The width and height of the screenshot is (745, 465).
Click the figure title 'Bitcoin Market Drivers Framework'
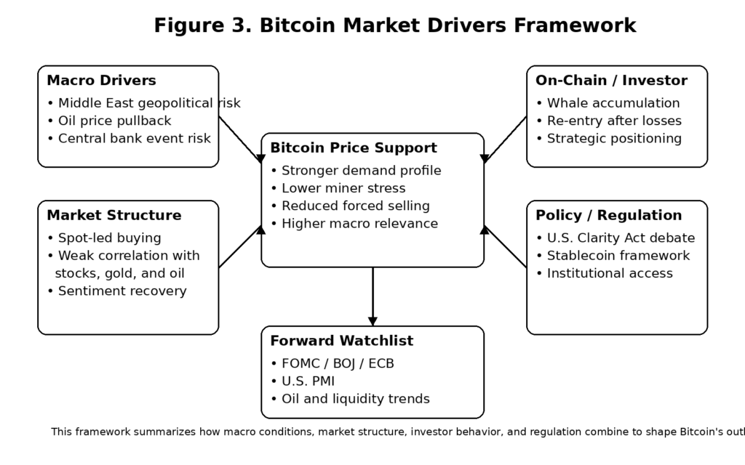395,25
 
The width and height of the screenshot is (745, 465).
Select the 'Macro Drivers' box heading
101,81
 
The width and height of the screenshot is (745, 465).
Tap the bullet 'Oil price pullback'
113,121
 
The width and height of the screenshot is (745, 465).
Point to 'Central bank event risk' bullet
133,138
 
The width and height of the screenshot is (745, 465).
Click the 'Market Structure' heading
113,216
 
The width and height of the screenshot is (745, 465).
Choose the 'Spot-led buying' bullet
108,238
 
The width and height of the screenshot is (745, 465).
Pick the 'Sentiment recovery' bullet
121,291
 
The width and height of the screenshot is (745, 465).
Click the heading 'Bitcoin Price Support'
354,148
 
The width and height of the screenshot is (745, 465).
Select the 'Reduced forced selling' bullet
354,206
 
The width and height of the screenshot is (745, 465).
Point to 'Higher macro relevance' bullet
359,223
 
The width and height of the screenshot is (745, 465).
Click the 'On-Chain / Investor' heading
611,81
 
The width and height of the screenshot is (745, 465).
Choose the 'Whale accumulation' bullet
613,103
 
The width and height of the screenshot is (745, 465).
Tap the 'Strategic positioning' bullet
613,138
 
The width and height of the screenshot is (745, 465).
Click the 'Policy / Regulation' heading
608,216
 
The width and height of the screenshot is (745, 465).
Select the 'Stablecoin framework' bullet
618,255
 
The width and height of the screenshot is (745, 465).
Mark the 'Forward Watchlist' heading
341,341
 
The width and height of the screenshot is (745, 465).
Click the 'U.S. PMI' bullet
307,381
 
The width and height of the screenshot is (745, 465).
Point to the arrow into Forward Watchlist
372,296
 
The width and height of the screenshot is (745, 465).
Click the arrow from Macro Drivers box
241,138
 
